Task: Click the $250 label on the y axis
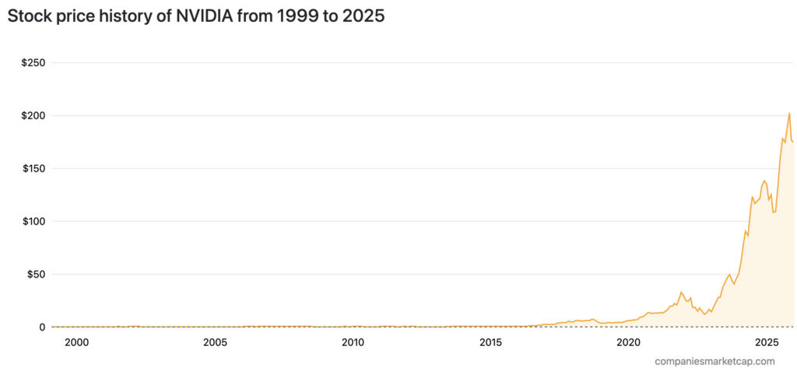click(31, 62)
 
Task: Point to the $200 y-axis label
click(31, 115)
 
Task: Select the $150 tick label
click(31, 168)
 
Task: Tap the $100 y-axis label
click(31, 221)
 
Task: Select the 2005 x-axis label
click(215, 343)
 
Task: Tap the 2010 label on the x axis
click(353, 343)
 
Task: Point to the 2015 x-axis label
click(491, 343)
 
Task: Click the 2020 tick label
click(629, 343)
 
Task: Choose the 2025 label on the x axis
click(767, 343)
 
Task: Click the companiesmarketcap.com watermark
click(714, 361)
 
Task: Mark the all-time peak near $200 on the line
click(789, 114)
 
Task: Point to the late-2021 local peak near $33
click(681, 292)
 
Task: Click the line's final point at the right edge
click(793, 142)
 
